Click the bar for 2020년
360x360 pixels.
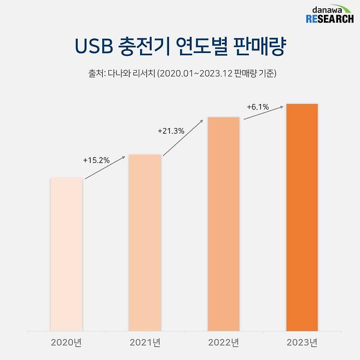[66, 254]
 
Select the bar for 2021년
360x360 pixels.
[145, 243]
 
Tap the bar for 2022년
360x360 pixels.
[223, 224]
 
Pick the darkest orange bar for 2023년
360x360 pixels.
[301, 217]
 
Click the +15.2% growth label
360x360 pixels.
[96, 160]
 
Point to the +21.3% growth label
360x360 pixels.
[171, 131]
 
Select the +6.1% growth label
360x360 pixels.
[258, 107]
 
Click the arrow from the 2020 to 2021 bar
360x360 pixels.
[106, 167]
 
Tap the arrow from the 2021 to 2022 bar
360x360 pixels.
[184, 137]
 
